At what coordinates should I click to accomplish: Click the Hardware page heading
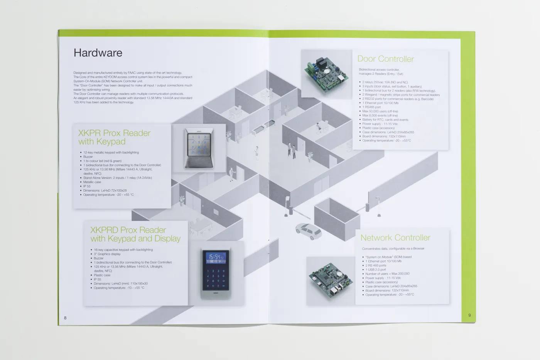point(98,53)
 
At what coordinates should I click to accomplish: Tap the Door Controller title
point(385,59)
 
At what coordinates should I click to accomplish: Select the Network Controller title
point(395,238)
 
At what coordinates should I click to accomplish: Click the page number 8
point(65,318)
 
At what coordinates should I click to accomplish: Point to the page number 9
point(469,315)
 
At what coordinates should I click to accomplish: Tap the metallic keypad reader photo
point(199,148)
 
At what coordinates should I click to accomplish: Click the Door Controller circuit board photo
point(326,74)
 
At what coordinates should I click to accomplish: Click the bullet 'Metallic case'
point(92,182)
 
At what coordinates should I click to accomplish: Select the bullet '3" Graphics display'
point(107,254)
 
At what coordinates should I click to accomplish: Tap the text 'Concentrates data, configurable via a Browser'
point(393,249)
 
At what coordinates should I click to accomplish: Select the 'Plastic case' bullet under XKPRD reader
point(102,275)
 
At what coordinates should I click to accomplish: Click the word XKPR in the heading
point(89,133)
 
